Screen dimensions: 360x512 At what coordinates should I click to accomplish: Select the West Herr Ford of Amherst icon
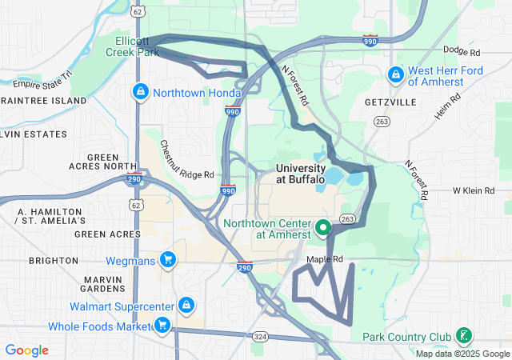(x=394, y=76)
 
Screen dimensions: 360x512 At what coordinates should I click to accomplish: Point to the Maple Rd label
(x=325, y=259)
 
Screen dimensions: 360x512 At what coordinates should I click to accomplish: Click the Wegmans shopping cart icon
(x=167, y=260)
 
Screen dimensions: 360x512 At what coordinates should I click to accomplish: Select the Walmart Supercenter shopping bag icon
(x=186, y=306)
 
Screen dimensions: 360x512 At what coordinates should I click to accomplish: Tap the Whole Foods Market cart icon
(x=162, y=326)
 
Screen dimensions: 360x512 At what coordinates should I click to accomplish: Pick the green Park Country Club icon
(x=462, y=336)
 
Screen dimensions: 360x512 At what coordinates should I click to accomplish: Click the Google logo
(x=27, y=350)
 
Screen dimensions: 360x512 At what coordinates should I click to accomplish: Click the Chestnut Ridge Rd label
(x=186, y=160)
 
